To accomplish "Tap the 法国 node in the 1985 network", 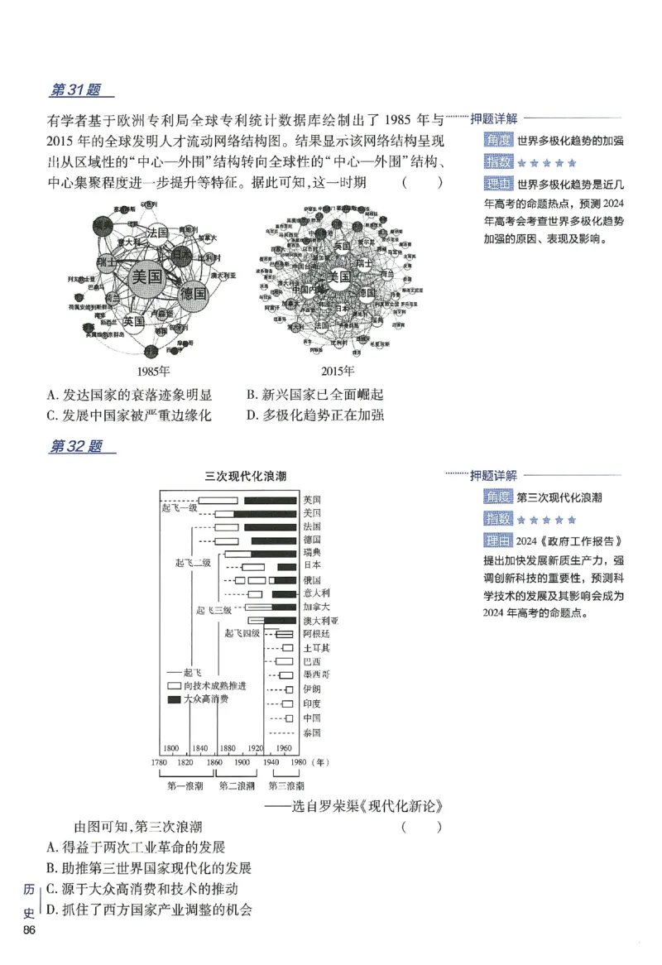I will [157, 233].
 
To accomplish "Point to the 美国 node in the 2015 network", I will [339, 276].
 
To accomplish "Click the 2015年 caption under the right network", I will [337, 372].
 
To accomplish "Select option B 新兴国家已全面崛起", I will [315, 396].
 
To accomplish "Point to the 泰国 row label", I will [311, 732].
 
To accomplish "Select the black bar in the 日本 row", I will [286, 567].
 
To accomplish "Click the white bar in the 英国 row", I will [218, 500].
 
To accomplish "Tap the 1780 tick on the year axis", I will [160, 761].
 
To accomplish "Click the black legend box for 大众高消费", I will [174, 699].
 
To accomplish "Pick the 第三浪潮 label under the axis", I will [286, 785].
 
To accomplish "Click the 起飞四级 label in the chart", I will [242, 633].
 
